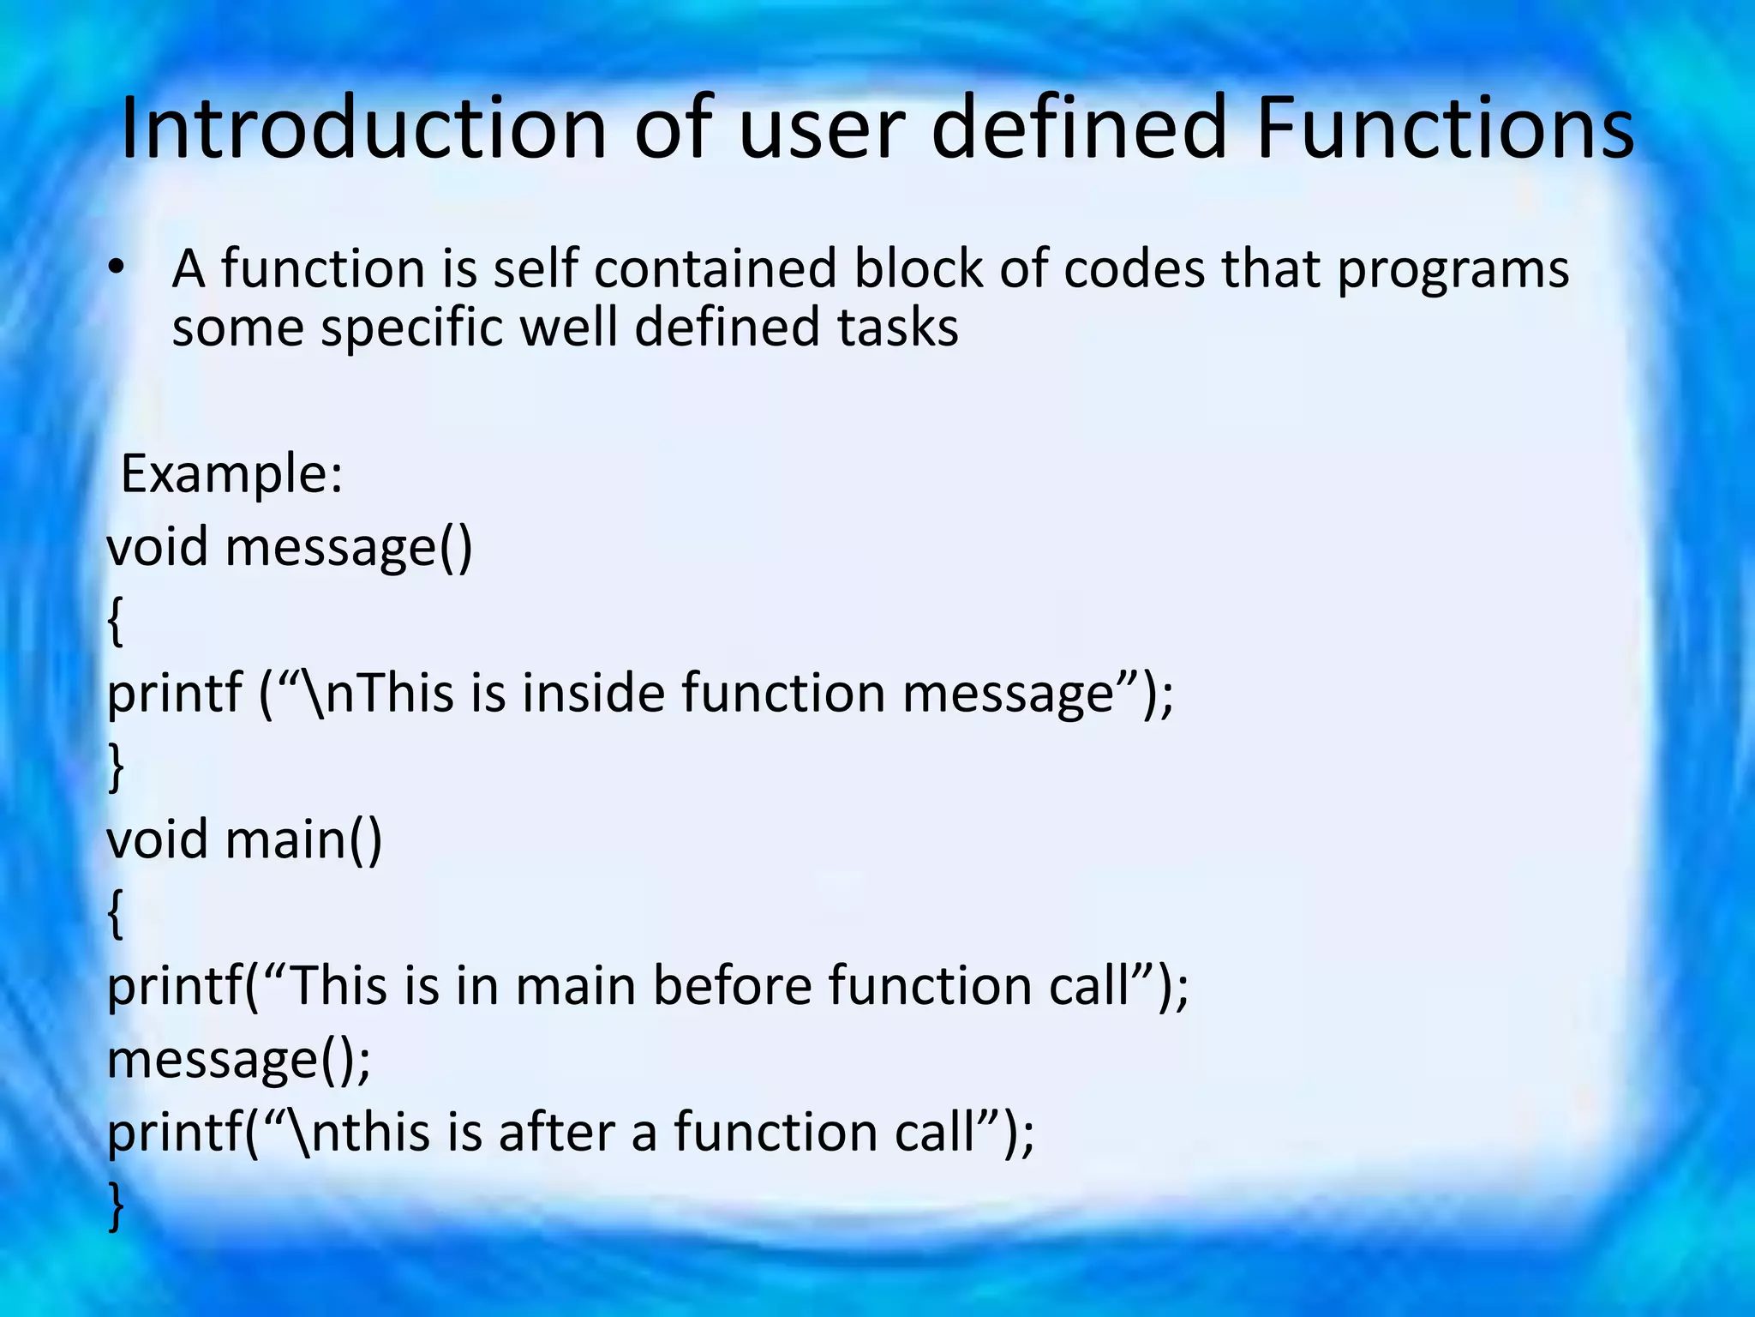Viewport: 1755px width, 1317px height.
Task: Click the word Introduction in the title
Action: (363, 129)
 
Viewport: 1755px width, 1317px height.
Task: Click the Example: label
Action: (231, 473)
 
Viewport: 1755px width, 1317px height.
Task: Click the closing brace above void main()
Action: (116, 767)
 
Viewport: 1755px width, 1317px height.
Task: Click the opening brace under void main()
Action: (116, 914)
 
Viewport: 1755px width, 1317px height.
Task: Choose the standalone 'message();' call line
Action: (238, 1060)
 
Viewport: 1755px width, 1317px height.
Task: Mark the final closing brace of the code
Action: (116, 1206)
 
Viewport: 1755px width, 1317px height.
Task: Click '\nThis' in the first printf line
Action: (377, 693)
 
